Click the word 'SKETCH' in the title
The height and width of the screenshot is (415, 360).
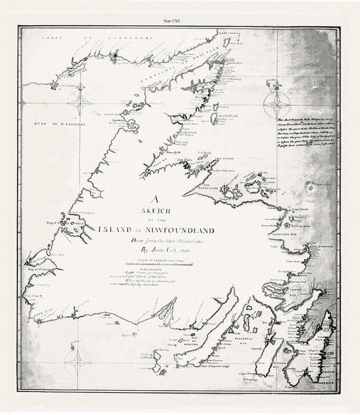point(155,211)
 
